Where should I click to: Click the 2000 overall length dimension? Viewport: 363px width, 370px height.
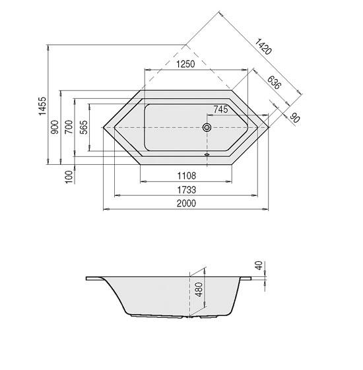pyautogui.click(x=187, y=204)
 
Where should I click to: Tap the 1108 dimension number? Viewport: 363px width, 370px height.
pyautogui.click(x=187, y=175)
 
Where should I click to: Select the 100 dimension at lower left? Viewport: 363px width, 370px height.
pyautogui.click(x=69, y=177)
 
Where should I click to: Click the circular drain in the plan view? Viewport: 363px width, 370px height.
pyautogui.click(x=207, y=127)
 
